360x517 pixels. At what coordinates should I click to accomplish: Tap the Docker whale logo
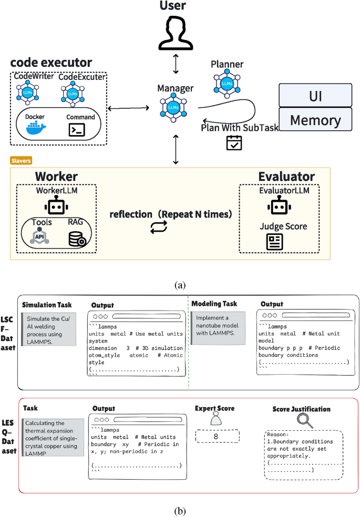tap(36, 128)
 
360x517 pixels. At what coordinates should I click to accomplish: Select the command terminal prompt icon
tap(77, 130)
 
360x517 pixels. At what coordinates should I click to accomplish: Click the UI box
tap(315, 96)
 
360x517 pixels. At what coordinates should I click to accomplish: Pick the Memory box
tap(315, 120)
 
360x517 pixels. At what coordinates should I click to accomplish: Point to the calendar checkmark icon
tap(234, 143)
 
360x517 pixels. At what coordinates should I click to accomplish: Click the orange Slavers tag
tap(21, 161)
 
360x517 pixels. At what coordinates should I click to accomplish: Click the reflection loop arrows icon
tap(159, 227)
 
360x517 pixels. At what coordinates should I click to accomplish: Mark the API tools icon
tap(39, 236)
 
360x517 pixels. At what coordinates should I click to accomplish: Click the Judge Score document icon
tap(275, 242)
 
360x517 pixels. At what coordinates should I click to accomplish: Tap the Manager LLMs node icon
tap(173, 107)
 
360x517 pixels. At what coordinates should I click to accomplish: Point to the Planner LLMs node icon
tap(227, 84)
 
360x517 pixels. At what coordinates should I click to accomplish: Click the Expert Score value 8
tap(216, 436)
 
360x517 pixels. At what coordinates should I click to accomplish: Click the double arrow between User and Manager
tap(176, 64)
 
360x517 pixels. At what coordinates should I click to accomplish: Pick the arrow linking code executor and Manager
tap(129, 108)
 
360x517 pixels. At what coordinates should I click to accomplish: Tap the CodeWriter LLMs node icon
tap(28, 92)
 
